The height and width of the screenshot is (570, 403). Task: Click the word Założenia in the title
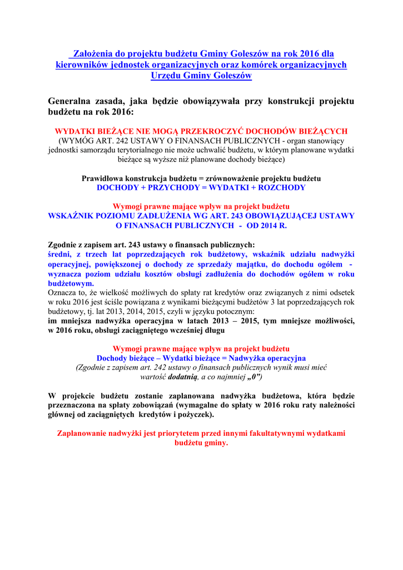click(x=93, y=54)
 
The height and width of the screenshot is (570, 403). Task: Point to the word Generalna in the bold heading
click(x=72, y=101)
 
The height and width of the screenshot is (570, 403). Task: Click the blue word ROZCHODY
click(x=281, y=188)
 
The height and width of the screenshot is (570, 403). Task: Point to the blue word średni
click(x=59, y=254)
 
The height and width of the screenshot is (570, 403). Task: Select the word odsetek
click(x=341, y=292)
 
